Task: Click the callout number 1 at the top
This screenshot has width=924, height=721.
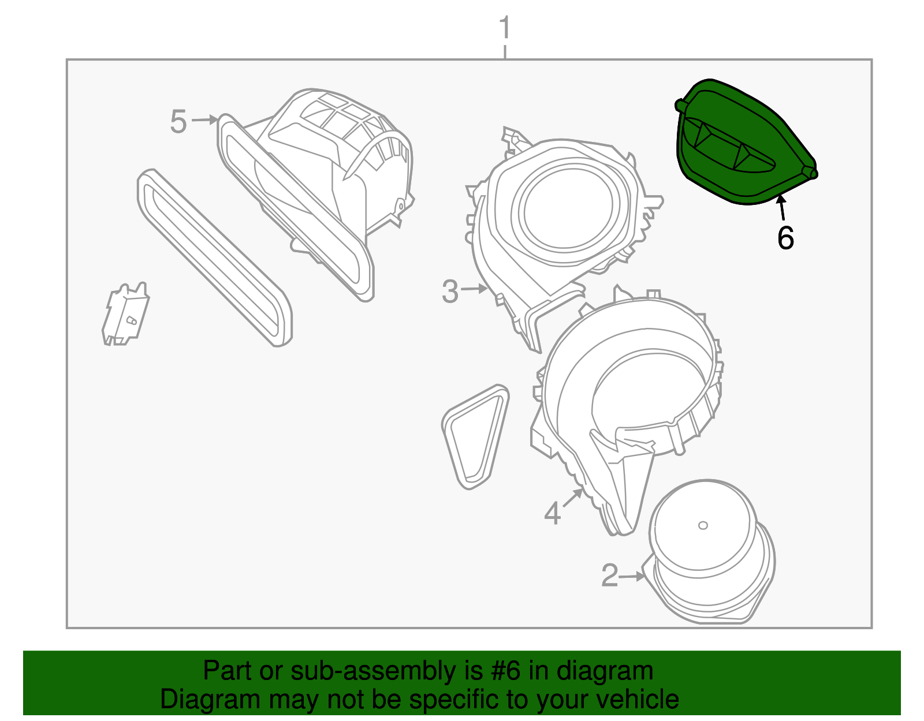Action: (504, 28)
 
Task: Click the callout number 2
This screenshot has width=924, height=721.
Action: (609, 576)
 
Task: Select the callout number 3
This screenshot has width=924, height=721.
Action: (450, 292)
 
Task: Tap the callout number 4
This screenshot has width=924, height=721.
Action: (552, 513)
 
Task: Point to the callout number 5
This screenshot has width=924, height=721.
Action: (178, 122)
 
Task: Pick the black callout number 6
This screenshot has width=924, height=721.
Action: (785, 238)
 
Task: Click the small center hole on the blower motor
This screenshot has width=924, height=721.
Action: (703, 525)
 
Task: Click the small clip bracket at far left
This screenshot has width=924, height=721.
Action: (125, 315)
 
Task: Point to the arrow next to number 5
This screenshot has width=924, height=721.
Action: (205, 120)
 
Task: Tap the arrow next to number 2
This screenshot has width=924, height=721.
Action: (632, 576)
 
